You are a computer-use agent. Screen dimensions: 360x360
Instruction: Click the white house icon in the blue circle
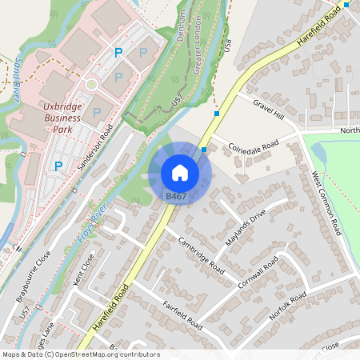pos(180,172)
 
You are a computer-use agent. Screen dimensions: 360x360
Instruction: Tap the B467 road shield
pos(176,196)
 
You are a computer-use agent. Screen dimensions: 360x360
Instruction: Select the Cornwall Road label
pos(258,273)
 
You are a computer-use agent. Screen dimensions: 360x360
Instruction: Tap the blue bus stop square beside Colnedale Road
pos(205,149)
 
